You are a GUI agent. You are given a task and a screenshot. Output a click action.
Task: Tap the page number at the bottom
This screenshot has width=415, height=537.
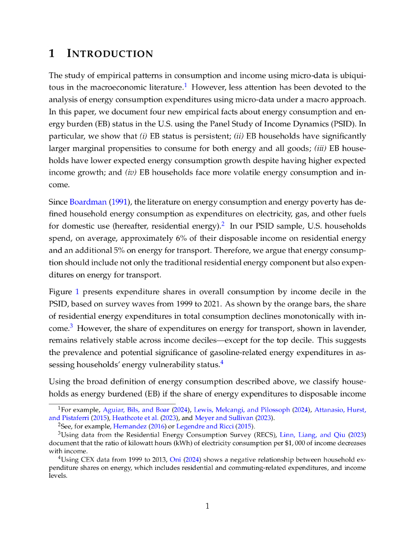207,506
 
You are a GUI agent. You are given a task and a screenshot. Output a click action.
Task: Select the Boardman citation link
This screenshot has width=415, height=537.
84,202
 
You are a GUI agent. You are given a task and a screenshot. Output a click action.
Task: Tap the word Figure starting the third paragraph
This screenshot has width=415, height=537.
61,292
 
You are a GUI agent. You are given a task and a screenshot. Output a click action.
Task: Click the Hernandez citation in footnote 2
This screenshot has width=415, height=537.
130,426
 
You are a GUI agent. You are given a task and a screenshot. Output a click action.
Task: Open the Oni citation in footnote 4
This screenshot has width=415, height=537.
176,458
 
